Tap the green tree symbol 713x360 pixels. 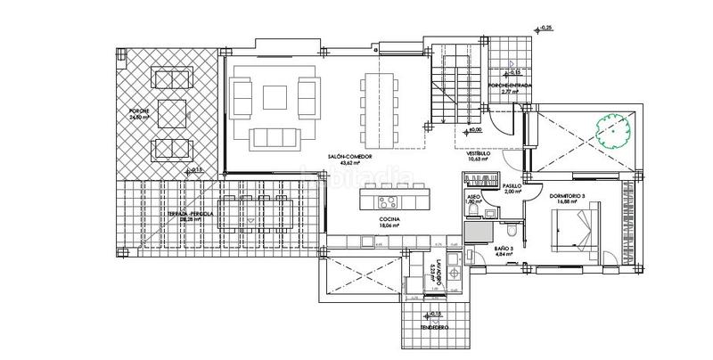pyautogui.click(x=616, y=131)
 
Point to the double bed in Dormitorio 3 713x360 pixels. pyautogui.click(x=570, y=234)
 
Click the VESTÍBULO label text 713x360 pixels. pyautogui.click(x=479, y=153)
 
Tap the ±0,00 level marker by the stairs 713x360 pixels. pyautogui.click(x=474, y=130)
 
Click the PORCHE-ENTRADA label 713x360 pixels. pyautogui.click(x=510, y=86)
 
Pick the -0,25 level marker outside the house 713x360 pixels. pyautogui.click(x=545, y=29)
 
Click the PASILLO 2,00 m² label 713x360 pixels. pyautogui.click(x=512, y=188)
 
